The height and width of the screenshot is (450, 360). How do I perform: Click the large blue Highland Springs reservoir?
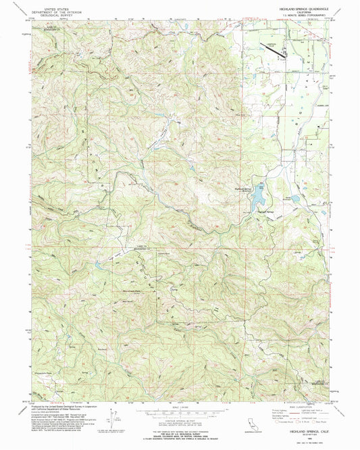tap(257, 196)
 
